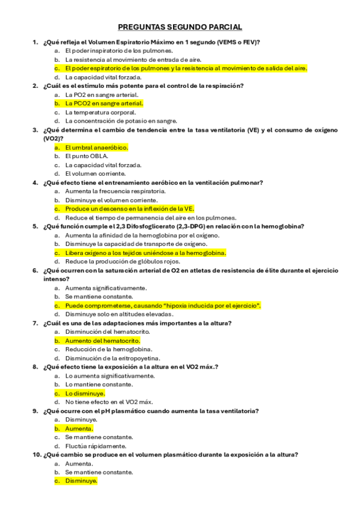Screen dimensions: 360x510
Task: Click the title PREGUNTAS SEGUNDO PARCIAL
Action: (180, 27)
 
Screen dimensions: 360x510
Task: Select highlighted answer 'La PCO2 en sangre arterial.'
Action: (100, 103)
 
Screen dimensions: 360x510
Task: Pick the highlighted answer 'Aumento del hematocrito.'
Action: (99, 340)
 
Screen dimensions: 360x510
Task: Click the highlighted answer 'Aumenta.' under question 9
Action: (79, 428)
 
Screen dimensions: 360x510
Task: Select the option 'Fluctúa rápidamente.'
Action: (96, 446)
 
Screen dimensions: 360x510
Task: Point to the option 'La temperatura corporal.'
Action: (100, 112)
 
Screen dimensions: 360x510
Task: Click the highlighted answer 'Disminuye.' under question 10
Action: (81, 481)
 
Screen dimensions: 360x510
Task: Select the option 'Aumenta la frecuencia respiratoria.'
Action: (115, 191)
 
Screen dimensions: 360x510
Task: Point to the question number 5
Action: (35, 226)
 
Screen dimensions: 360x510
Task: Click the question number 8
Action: (35, 367)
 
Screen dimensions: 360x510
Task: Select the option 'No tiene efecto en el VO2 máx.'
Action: (109, 402)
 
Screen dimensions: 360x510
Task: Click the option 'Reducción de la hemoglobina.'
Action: (109, 349)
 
